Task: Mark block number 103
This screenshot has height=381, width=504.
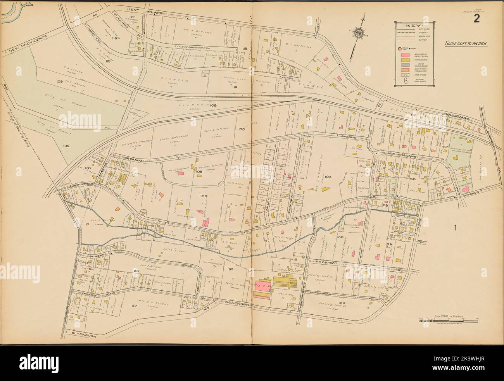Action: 328,176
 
